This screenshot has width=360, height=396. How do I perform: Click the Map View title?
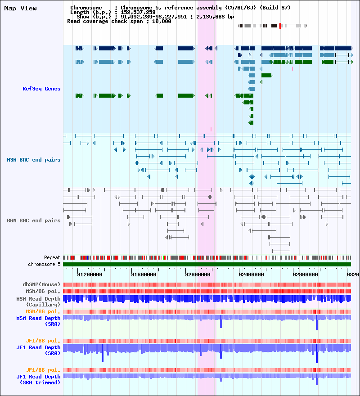(20, 9)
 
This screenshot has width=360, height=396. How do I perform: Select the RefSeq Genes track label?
(41, 89)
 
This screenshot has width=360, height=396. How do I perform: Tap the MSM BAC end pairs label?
(34, 160)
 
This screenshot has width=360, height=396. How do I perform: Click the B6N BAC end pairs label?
(34, 220)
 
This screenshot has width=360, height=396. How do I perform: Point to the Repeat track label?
(52, 257)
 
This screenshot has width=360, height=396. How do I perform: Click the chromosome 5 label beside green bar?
(44, 264)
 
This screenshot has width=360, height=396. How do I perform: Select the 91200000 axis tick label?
(90, 274)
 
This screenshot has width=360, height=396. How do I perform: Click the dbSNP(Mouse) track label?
(41, 284)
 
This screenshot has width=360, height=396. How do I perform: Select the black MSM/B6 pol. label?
(43, 291)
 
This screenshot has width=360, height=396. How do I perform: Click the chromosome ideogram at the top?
(273, 26)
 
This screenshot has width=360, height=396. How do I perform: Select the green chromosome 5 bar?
(207, 264)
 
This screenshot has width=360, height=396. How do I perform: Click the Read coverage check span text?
(119, 21)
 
